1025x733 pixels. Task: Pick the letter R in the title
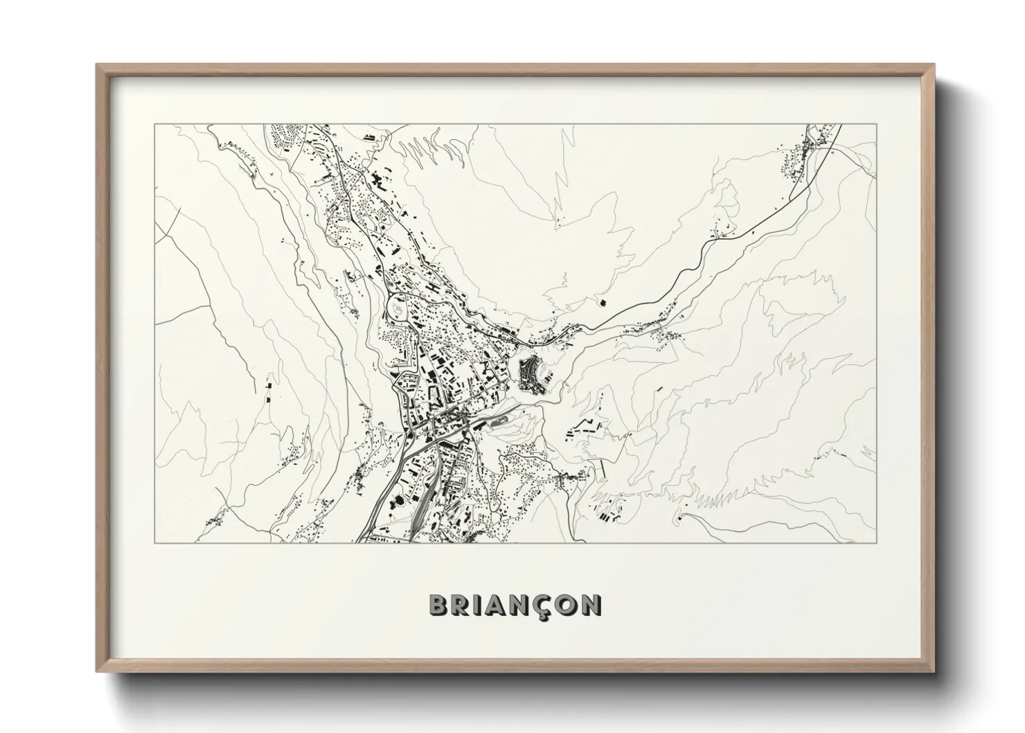(x=462, y=605)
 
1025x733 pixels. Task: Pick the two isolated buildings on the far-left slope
(x=267, y=391)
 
